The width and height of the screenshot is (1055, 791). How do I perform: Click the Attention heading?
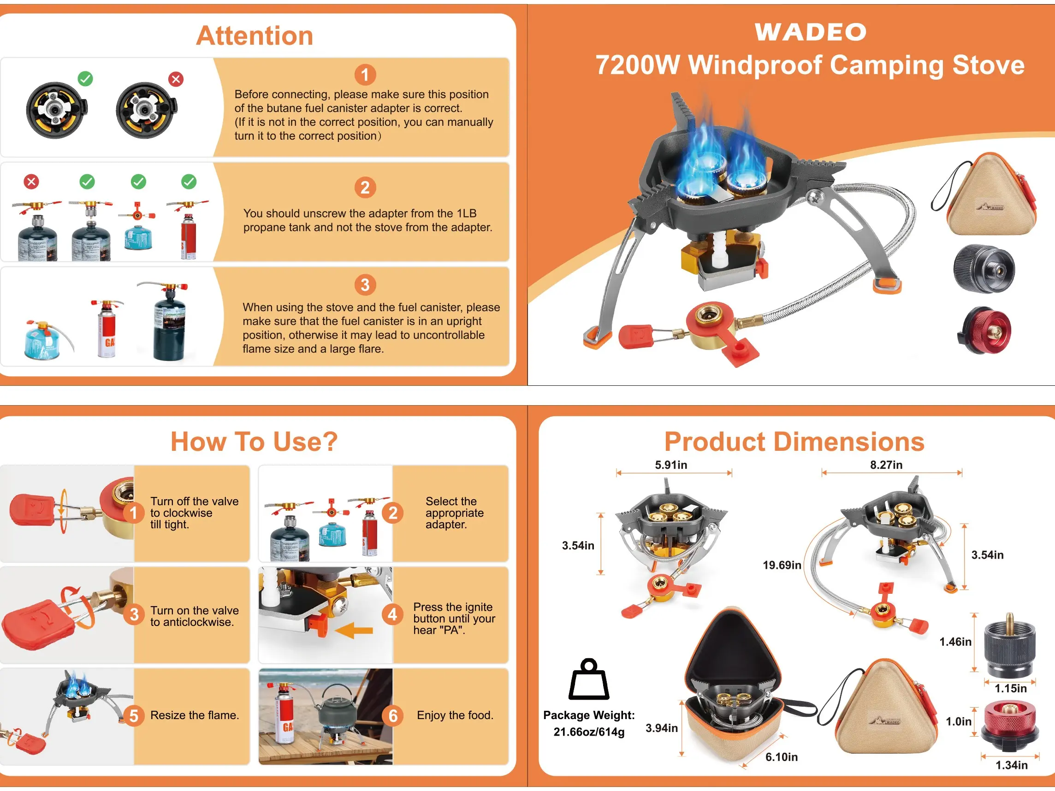point(255,36)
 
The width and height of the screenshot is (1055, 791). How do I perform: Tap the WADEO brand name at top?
point(810,32)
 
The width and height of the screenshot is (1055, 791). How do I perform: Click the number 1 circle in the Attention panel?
point(365,75)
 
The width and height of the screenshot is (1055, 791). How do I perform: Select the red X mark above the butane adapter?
point(176,79)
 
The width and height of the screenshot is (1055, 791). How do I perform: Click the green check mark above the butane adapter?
point(86,79)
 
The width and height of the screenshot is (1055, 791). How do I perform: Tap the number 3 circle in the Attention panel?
point(365,285)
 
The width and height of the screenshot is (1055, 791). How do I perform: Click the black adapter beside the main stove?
point(984,268)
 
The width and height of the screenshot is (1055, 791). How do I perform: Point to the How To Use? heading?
point(254,442)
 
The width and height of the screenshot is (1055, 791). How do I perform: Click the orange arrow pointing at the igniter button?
point(354,630)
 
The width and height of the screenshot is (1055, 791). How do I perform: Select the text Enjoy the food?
point(455,715)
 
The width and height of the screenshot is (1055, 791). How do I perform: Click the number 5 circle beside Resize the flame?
point(134,716)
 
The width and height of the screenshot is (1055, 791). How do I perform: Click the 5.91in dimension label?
point(671,465)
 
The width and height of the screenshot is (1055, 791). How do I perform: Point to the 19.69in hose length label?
point(782,565)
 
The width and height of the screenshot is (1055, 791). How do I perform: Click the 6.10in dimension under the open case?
point(781,757)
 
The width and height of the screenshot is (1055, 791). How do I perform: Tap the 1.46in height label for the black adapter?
point(955,642)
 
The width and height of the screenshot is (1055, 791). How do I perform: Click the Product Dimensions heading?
point(794,442)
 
